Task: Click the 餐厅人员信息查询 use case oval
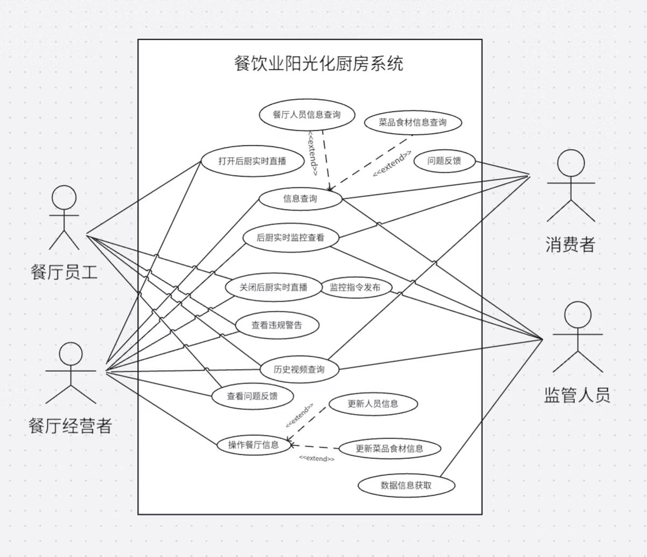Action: tap(306, 115)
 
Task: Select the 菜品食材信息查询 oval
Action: tap(413, 122)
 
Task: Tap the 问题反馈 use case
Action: tap(444, 161)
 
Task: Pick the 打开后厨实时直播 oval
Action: tap(252, 161)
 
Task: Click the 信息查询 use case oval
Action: tap(300, 199)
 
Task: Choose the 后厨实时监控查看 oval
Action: tap(290, 237)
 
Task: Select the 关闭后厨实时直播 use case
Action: tap(273, 288)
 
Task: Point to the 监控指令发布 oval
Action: tap(355, 288)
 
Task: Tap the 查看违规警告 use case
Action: tap(277, 325)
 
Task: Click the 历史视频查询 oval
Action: tap(299, 370)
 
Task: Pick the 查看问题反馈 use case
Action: tap(252, 396)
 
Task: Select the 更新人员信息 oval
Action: tap(372, 404)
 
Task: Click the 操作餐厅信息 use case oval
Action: tap(254, 445)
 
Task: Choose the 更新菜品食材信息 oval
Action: tap(389, 448)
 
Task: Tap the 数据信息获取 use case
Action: tap(406, 485)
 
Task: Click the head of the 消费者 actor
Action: tap(571, 163)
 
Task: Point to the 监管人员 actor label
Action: tap(577, 395)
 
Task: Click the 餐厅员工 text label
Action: tap(64, 271)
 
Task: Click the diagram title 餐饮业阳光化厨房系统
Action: tap(319, 64)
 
